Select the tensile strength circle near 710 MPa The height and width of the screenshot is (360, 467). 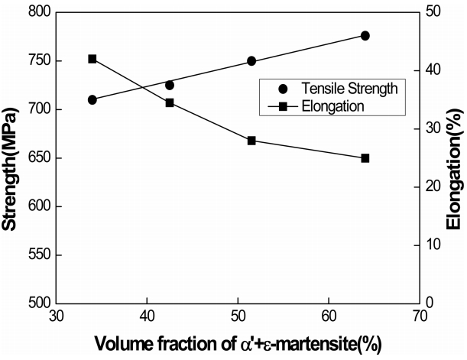pos(92,99)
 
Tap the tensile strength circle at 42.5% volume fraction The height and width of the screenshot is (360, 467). pos(170,85)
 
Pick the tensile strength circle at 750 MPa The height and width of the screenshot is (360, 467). pos(251,61)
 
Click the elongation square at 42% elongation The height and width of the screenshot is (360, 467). pos(92,59)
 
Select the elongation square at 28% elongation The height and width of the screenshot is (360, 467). pos(251,141)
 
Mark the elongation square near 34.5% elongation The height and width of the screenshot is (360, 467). pos(170,102)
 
